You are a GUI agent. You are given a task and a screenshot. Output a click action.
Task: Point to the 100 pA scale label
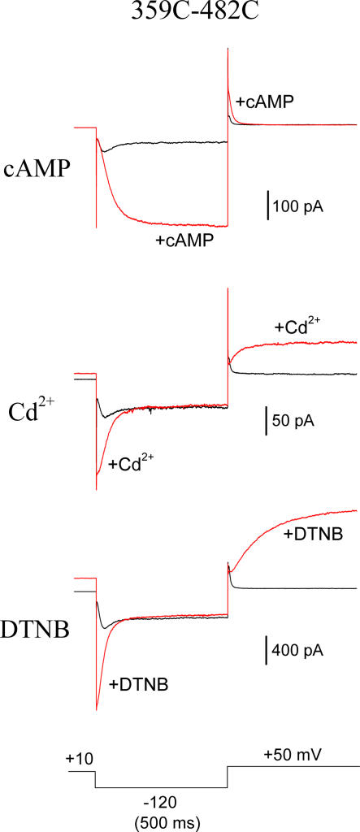tap(298, 206)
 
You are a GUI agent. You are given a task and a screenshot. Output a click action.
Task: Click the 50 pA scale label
tap(293, 422)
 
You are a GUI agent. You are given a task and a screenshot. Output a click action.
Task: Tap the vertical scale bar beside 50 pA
tap(267, 422)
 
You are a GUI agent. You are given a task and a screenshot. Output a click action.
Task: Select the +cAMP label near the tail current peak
tap(265, 102)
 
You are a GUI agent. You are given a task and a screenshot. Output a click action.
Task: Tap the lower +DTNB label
tap(139, 684)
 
